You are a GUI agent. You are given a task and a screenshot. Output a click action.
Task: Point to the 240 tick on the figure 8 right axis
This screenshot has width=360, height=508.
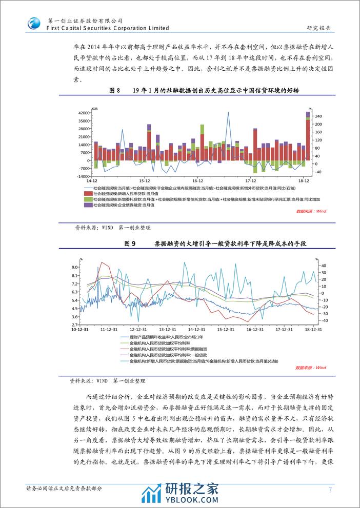point(318,115)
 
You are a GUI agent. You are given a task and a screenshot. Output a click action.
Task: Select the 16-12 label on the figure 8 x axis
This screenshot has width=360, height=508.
point(198,181)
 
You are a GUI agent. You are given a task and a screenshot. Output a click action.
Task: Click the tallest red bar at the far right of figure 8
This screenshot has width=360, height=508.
point(308,141)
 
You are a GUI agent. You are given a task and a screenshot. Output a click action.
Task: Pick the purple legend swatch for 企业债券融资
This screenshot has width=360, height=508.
point(88,205)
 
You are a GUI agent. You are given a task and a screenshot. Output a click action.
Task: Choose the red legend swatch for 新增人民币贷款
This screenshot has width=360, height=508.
point(88,193)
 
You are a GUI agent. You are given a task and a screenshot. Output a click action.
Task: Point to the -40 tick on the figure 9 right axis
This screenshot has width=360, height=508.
point(324,321)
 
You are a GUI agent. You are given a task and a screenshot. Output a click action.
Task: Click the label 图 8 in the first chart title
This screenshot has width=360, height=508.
point(114,90)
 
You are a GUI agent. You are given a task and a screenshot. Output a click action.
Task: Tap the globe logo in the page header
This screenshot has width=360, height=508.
point(34,24)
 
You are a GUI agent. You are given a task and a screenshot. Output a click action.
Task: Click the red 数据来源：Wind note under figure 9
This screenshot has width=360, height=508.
point(311,368)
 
